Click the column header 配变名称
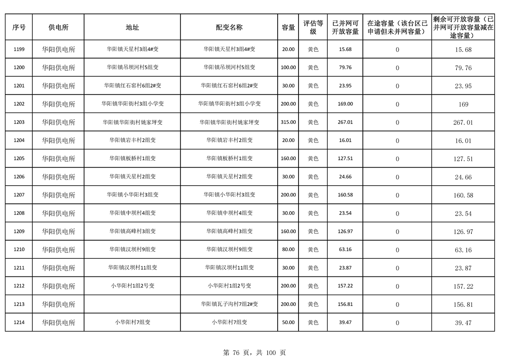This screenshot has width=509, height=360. (x=229, y=27)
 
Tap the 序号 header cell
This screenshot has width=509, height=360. (x=19, y=27)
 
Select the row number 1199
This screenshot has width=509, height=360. (x=19, y=49)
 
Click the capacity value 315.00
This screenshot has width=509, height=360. (x=288, y=122)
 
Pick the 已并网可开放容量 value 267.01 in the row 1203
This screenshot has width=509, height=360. (x=345, y=122)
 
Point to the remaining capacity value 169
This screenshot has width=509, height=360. (x=463, y=104)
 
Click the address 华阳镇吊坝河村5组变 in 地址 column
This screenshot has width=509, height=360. (x=132, y=68)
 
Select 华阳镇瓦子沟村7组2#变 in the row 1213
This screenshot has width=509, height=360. (x=229, y=304)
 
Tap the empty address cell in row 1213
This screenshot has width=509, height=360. (x=132, y=304)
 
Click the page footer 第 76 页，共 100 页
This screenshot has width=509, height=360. (x=254, y=352)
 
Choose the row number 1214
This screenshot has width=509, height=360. (x=19, y=322)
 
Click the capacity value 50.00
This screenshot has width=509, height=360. (x=288, y=322)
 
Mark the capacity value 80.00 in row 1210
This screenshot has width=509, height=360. (x=288, y=249)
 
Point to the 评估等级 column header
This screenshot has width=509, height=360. (x=313, y=27)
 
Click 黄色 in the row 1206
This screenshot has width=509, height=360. (x=313, y=177)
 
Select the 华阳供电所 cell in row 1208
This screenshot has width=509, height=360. (x=59, y=213)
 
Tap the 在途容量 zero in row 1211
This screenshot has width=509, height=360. (x=397, y=268)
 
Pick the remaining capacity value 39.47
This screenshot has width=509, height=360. (x=463, y=323)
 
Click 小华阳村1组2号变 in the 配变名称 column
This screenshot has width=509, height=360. (x=229, y=286)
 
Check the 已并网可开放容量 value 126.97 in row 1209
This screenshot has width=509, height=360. (x=345, y=231)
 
